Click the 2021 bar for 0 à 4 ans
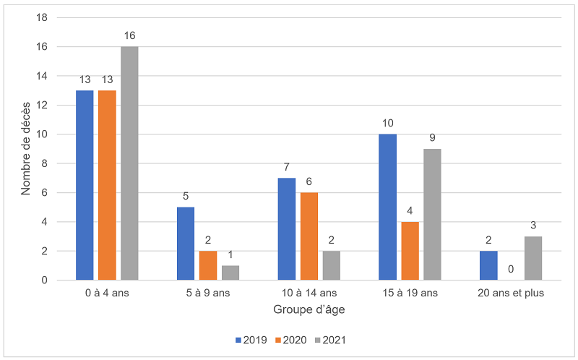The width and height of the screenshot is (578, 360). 129,163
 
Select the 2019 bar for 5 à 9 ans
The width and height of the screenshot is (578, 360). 186,244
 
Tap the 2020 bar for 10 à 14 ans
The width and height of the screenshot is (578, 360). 309,236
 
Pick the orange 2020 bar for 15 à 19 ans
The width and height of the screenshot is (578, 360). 410,251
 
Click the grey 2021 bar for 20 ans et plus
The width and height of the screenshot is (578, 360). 533,258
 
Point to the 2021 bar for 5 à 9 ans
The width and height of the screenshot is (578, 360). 230,273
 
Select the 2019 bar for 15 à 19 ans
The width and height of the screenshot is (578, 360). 388,207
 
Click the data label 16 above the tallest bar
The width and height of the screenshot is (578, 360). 129,35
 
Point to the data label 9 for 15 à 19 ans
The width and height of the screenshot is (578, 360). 432,137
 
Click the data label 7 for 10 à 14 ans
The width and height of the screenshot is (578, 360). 287,166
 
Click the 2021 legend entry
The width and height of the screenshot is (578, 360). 332,339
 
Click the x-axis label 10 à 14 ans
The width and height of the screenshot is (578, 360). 309,293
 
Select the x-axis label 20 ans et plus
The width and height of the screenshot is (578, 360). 512,293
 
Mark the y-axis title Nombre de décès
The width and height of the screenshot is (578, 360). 27,148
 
